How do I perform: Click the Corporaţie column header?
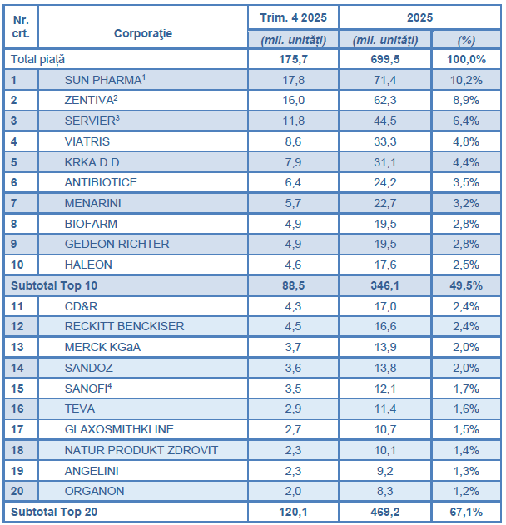point(143,32)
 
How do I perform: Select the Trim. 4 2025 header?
point(293,17)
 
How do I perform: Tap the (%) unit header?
point(466,39)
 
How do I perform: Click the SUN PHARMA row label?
point(105,80)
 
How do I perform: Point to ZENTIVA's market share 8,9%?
point(466,100)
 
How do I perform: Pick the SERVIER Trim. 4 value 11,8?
point(293,121)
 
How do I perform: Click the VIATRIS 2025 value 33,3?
point(385,141)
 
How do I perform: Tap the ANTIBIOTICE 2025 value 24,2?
point(385,182)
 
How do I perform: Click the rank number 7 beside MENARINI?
point(14,203)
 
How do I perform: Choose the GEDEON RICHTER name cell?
point(117,244)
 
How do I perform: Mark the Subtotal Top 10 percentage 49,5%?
point(466,285)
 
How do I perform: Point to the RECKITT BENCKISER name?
point(124,326)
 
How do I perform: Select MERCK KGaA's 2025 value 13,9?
point(385,346)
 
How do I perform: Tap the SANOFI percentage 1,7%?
point(466,388)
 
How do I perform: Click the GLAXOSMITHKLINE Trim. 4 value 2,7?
point(293,428)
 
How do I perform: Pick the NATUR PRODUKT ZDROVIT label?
point(141,449)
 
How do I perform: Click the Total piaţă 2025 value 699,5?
point(385,59)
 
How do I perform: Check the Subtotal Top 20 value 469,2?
point(385,512)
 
